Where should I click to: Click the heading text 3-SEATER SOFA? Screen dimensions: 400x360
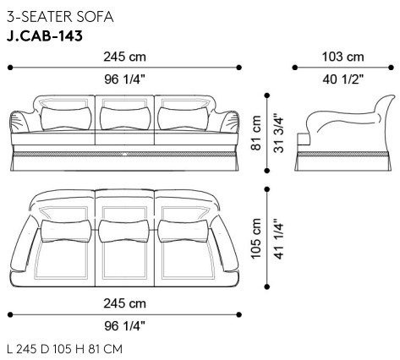point(60,17)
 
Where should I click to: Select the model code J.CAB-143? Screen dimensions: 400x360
point(45,36)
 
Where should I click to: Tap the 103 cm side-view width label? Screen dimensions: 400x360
point(342,57)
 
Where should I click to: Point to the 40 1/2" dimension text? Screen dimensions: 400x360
point(343,79)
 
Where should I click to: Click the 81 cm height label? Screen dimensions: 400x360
point(256,133)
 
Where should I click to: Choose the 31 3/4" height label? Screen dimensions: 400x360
point(279,133)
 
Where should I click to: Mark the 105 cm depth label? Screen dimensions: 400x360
point(256,238)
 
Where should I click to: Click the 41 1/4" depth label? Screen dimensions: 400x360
point(279,238)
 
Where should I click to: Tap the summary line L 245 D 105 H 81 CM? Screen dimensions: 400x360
point(65,349)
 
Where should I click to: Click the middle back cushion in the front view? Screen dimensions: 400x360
point(124,118)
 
